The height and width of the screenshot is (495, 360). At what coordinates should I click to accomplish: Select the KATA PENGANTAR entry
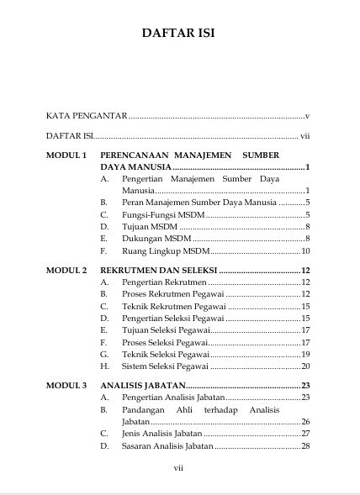[86, 114]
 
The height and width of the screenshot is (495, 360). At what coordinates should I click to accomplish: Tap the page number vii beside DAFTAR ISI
[306, 134]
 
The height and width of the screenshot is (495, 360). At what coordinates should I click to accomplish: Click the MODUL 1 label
[66, 155]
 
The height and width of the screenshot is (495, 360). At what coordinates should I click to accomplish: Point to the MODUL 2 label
[66, 271]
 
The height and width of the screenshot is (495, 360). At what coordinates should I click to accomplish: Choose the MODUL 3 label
[66, 386]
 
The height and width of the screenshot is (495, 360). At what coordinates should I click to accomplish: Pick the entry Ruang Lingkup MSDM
[165, 251]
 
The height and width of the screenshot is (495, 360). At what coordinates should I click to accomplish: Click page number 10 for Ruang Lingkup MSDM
[306, 251]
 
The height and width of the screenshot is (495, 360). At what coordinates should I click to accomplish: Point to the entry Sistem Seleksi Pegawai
[164, 366]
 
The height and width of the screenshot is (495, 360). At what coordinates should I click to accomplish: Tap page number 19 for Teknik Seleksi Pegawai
[306, 355]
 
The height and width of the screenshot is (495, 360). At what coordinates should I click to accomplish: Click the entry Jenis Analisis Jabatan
[161, 434]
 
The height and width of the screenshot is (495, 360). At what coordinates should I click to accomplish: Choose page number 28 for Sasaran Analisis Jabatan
[306, 445]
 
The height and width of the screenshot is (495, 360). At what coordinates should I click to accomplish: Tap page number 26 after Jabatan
[306, 421]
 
